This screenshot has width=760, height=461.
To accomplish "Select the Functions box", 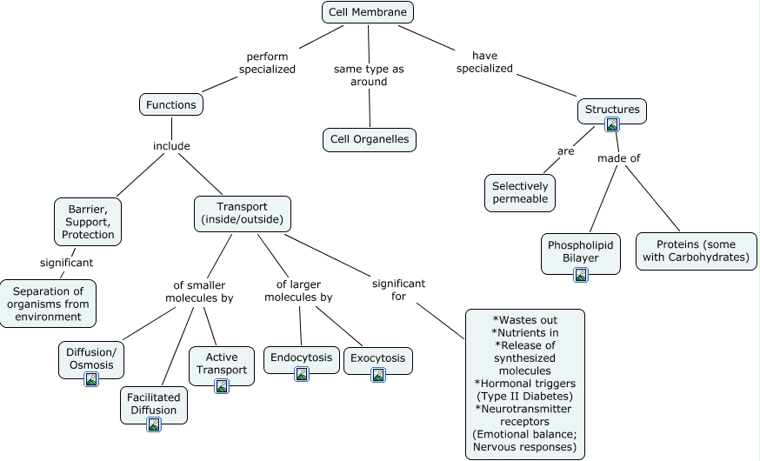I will click(171, 104).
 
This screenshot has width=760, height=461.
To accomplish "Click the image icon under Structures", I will click(612, 124).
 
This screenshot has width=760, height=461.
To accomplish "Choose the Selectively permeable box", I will click(520, 192).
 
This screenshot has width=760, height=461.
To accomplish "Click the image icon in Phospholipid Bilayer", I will click(581, 274).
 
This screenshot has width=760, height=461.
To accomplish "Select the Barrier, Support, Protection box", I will click(88, 221).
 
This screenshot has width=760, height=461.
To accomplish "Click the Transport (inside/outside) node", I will click(242, 213).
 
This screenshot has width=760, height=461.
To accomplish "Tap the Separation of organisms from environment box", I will click(48, 303).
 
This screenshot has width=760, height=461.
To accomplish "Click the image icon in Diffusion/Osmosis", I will click(90, 379).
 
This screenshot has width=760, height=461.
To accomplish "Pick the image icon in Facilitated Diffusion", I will click(154, 424).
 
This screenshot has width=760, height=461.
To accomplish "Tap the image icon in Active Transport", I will click(222, 385).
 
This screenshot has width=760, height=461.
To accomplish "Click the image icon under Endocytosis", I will click(302, 374).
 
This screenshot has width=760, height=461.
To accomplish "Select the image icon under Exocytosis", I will click(378, 375).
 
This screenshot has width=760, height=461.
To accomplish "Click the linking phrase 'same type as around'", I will click(369, 75).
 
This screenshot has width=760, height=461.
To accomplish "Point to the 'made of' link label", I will click(618, 158).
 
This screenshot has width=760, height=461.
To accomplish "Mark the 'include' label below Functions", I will click(171, 146).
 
